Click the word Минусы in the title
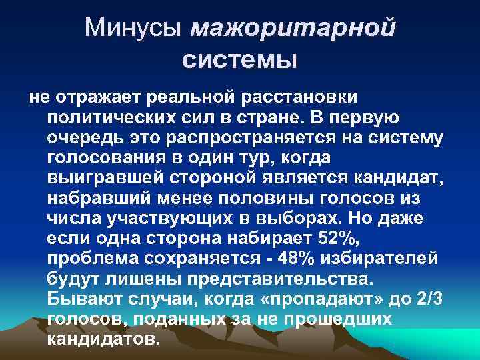135,27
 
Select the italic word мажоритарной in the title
293,29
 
